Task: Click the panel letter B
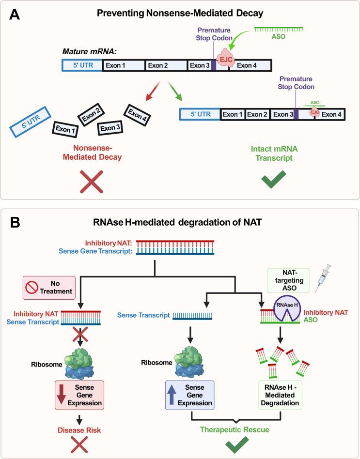15,223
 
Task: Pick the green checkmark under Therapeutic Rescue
235,443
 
